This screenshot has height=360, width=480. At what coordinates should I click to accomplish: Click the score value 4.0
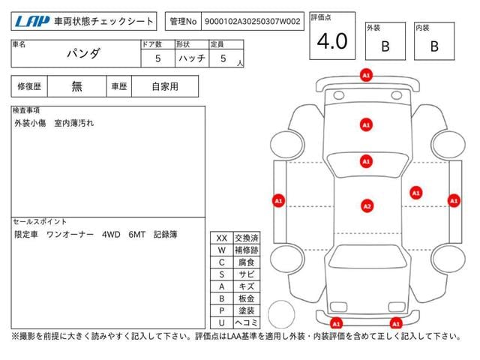tap(332, 42)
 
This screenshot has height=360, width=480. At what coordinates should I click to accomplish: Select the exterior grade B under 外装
tap(385, 46)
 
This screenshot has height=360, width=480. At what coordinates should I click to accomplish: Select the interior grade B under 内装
tap(434, 46)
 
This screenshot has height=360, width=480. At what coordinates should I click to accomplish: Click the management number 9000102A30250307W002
tap(252, 22)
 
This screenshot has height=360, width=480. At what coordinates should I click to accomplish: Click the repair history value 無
tap(77, 86)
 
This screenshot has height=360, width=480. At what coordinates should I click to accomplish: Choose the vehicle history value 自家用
tap(165, 86)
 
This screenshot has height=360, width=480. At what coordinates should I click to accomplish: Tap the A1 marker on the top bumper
tap(366, 76)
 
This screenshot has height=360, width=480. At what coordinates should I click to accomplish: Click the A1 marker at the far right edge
tap(453, 200)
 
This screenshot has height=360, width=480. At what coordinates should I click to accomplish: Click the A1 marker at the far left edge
tap(278, 200)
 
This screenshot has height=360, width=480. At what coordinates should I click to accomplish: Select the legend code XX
tap(222, 238)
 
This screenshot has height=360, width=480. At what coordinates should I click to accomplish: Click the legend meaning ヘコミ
tap(245, 322)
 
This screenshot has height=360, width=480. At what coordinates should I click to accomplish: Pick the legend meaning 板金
tap(245, 298)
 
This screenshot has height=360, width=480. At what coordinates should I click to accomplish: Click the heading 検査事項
tap(27, 111)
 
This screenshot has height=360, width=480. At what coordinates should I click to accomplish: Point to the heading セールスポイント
tap(40, 222)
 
